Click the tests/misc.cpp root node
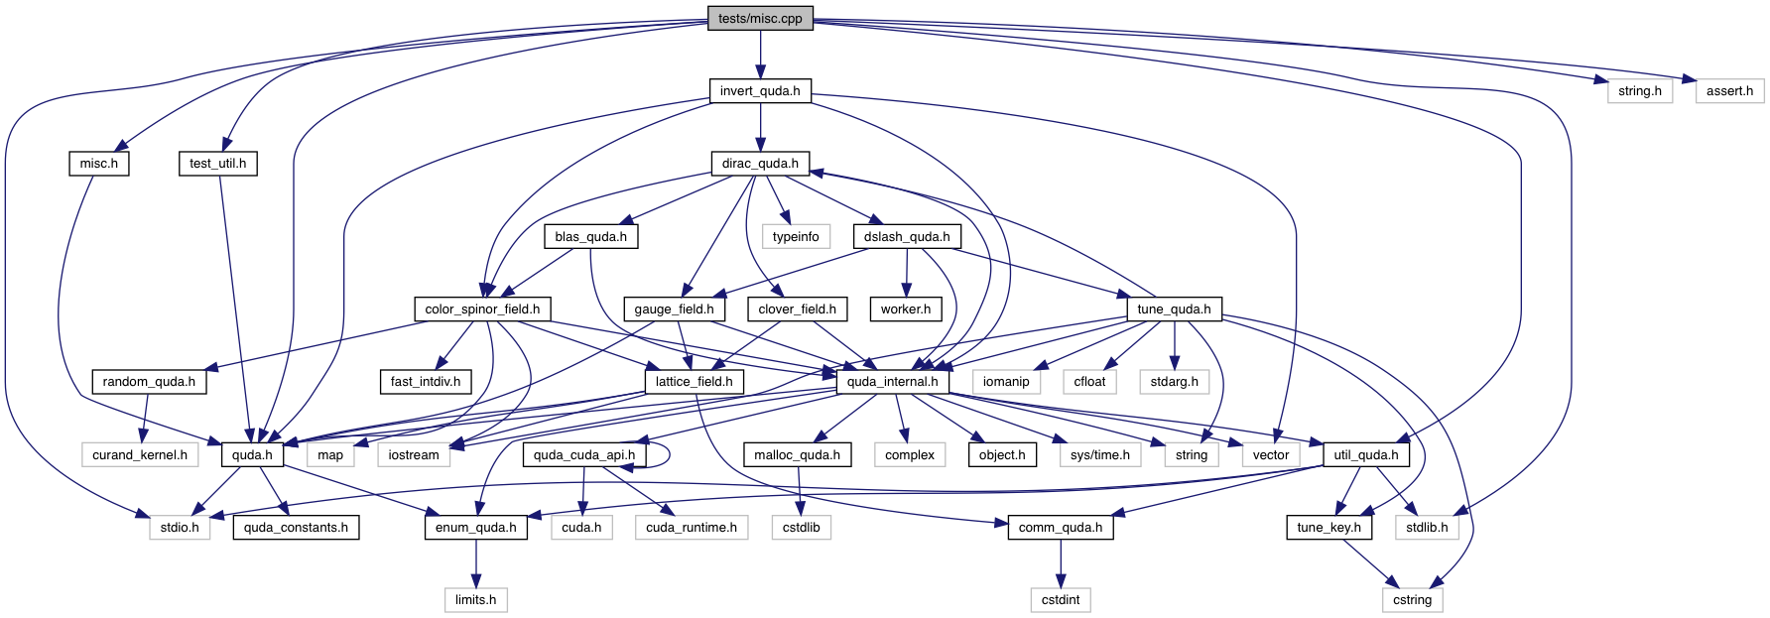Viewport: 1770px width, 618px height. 760,18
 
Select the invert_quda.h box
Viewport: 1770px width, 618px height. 760,90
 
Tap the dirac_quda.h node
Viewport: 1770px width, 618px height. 760,164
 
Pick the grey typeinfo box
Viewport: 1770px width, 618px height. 796,236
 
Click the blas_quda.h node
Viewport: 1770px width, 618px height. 590,236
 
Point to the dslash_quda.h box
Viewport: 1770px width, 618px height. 906,236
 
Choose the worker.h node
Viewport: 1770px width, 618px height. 906,309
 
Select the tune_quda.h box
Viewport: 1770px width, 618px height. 1174,309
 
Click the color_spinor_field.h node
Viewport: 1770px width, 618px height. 482,309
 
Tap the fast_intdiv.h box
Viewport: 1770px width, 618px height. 425,381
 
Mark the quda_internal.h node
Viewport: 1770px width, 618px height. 892,381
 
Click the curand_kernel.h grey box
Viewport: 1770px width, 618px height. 140,454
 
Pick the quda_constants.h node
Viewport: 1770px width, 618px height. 296,527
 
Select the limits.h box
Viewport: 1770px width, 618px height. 475,599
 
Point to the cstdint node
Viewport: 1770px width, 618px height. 1061,599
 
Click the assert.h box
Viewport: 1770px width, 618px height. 1729,90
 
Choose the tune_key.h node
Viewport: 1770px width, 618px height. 1329,527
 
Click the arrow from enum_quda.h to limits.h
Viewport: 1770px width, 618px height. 475,563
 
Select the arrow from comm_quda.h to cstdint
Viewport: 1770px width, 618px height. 1061,563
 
